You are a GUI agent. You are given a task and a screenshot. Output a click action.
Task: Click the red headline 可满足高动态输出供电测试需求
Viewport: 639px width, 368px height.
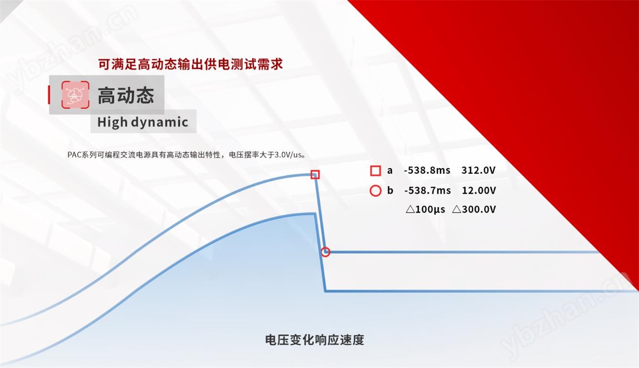click(x=190, y=64)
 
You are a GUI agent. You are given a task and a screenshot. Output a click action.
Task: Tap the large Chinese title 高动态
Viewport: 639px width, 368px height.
click(x=126, y=95)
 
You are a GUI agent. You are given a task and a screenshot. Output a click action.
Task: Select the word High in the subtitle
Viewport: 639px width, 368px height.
click(x=112, y=122)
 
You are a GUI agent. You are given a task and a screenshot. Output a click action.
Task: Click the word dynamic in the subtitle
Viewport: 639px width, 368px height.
click(x=160, y=122)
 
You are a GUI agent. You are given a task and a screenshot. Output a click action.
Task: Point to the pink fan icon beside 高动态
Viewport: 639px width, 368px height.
click(x=75, y=95)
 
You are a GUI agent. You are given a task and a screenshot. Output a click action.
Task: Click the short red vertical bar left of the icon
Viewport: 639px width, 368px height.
click(x=49, y=95)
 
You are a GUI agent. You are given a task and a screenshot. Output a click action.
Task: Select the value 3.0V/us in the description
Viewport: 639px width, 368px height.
click(x=288, y=155)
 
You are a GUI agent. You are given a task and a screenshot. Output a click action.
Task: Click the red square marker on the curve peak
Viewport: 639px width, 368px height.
click(x=315, y=174)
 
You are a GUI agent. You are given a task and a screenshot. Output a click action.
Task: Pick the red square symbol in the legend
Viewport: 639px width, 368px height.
click(x=375, y=171)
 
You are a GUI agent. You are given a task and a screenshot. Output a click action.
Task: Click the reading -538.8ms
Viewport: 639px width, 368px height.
click(x=427, y=171)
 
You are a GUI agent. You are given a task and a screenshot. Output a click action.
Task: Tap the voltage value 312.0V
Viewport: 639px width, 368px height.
click(x=479, y=171)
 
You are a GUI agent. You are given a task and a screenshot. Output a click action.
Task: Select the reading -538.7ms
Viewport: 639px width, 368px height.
click(x=427, y=190)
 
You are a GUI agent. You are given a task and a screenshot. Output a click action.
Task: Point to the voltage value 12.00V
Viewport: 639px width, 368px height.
click(x=479, y=190)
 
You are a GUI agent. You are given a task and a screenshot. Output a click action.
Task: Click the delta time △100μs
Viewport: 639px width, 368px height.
click(x=425, y=209)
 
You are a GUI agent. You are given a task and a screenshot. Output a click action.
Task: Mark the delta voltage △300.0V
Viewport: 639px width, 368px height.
click(x=474, y=209)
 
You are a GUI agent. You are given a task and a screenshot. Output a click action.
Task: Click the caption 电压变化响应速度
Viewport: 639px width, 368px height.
click(x=315, y=340)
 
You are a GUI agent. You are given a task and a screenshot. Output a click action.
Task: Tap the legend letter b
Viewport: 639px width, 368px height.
click(x=390, y=190)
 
